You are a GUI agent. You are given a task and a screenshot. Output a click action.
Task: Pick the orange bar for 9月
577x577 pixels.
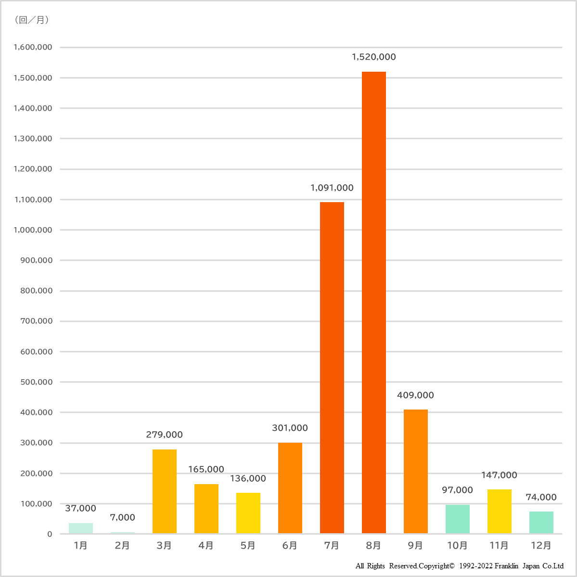point(415,471)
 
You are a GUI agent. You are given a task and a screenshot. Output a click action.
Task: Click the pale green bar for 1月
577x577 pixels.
point(80,528)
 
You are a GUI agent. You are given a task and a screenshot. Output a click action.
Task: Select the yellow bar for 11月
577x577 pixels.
point(499,511)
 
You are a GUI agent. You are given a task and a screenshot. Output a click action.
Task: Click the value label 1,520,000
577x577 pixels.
point(373,57)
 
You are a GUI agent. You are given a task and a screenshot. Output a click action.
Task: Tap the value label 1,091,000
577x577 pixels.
point(332,188)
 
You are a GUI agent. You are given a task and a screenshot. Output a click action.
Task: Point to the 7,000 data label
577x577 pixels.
point(122,517)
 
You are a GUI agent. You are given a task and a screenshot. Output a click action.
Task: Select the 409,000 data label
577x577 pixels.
point(415,395)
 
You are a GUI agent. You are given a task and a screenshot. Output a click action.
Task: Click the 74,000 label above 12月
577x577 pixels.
point(541,497)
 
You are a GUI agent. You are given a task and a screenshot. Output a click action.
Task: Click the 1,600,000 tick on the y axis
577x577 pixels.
point(33,47)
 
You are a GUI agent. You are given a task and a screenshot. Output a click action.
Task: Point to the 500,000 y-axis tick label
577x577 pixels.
point(36,382)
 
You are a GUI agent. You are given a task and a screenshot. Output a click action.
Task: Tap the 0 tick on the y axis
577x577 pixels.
point(50,534)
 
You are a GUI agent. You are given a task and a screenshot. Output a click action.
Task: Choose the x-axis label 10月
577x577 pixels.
point(457,545)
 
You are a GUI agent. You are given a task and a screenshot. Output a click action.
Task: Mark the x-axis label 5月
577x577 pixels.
point(248,545)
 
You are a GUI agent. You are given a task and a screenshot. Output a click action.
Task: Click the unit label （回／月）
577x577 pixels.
point(32,20)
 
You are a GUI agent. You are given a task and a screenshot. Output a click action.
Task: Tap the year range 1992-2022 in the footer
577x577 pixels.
point(475,566)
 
